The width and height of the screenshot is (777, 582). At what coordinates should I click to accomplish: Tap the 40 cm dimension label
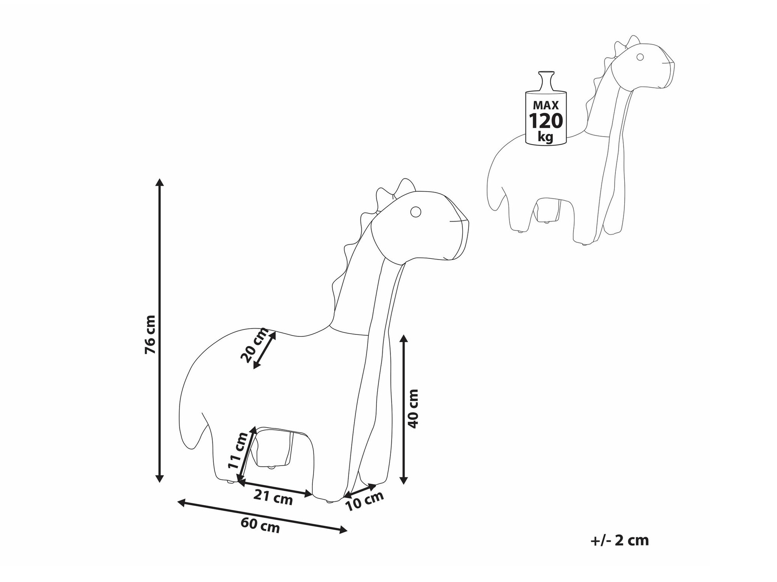click(413, 409)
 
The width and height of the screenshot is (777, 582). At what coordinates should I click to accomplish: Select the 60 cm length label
click(260, 525)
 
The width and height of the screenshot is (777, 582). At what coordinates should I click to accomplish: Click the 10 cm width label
click(364, 501)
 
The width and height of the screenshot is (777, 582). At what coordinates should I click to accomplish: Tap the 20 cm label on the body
click(254, 345)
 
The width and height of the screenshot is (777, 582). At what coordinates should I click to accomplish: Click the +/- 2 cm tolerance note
click(620, 540)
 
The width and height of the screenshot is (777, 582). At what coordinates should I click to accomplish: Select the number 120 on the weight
click(546, 121)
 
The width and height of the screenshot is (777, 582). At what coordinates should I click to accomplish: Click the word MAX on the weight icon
click(546, 105)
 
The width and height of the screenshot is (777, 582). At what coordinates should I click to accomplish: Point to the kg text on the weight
click(546, 137)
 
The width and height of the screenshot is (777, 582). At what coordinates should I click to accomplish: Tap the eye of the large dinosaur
click(416, 211)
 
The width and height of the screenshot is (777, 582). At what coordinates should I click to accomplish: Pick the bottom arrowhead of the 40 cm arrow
click(404, 480)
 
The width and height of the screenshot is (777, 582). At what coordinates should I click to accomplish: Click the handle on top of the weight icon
click(545, 81)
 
